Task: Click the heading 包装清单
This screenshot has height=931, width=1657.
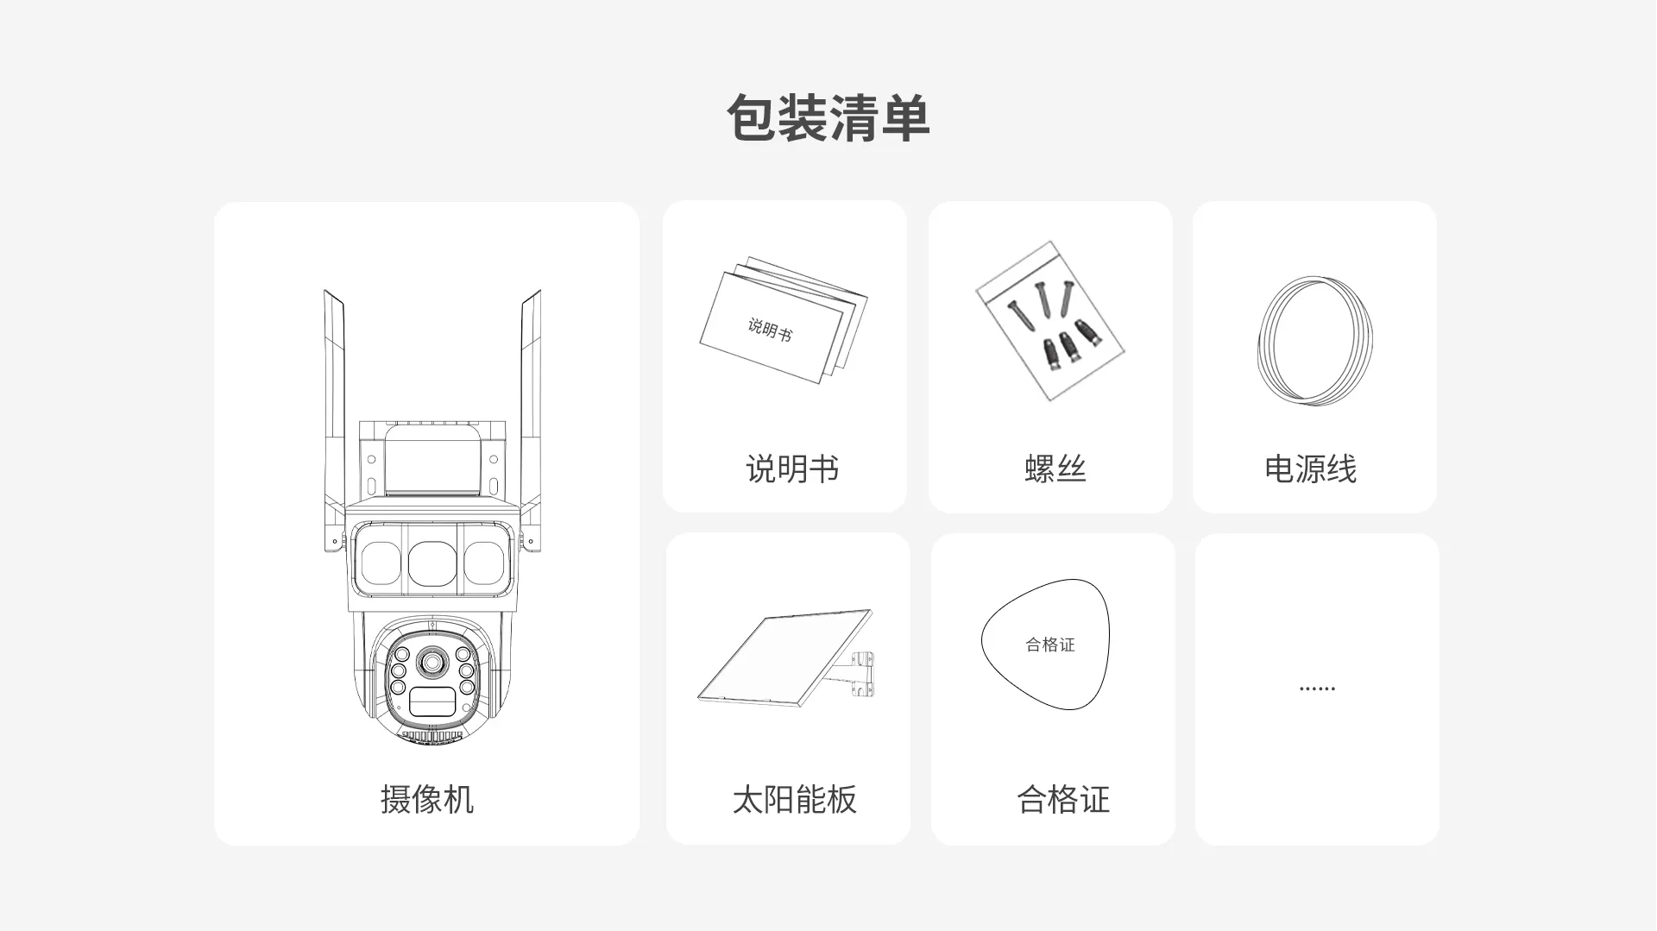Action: point(828,118)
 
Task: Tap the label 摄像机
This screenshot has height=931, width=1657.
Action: point(427,799)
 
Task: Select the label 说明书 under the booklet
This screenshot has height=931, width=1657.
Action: point(792,469)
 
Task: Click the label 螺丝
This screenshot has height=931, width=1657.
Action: point(1055,469)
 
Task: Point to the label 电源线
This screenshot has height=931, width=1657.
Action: point(1310,469)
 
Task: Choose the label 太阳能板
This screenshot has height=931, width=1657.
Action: point(794,799)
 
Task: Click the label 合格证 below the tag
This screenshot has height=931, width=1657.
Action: point(1063,799)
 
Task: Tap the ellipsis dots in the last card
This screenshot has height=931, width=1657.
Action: point(1317,689)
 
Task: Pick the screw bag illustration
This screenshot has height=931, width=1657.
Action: point(1049,321)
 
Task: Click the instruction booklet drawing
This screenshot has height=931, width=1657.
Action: point(784,320)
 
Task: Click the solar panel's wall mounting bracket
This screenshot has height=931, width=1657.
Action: point(857,674)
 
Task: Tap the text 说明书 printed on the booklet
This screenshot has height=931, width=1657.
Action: point(770,329)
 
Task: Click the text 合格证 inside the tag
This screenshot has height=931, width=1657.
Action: point(1050,645)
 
